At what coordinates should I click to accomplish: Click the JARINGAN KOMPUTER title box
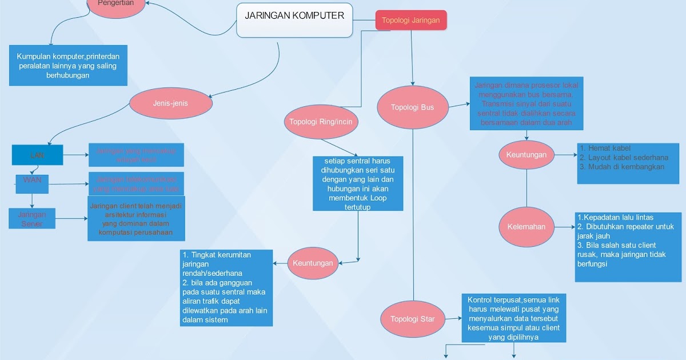coord(294,20)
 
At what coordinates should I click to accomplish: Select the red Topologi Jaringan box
coord(410,21)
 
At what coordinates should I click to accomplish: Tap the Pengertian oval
coord(116,5)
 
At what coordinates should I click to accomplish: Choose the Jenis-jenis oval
coord(170,103)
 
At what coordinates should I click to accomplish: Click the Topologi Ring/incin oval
coord(320,121)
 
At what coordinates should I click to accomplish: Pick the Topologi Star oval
coord(412,318)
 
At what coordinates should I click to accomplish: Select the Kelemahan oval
coord(527,226)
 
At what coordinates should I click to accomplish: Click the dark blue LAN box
coord(37,155)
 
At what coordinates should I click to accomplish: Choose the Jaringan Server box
coord(32,218)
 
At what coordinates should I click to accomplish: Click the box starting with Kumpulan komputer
coord(68,66)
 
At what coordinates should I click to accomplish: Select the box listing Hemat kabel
coord(628,163)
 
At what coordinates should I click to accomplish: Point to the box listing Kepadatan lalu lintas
coord(628,246)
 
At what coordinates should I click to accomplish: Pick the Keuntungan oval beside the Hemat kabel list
coord(527,154)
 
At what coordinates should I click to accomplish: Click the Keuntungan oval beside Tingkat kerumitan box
coord(313,263)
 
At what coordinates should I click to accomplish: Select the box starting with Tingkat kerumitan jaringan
coord(225,287)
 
